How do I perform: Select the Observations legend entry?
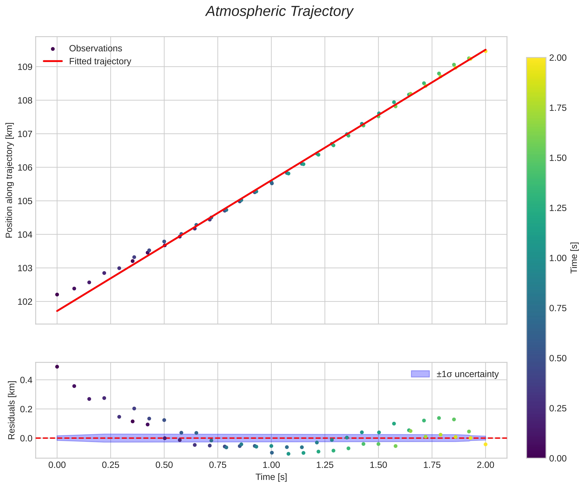[x=95, y=48]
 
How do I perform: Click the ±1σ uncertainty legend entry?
[x=467, y=374]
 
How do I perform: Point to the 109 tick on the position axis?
[x=25, y=67]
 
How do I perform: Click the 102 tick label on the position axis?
[x=25, y=302]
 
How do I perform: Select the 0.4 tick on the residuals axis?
[x=26, y=380]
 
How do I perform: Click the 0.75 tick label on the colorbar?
[x=558, y=308]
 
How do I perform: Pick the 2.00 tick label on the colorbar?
[x=558, y=58]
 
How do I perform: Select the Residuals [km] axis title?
[x=11, y=410]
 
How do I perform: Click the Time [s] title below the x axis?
[x=271, y=477]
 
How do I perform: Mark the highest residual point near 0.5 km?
[x=57, y=367]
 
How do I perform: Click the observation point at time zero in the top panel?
[x=57, y=294]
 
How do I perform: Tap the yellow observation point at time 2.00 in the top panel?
[x=485, y=51]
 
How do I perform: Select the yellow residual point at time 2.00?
[x=485, y=445]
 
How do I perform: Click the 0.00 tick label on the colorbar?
[x=558, y=458]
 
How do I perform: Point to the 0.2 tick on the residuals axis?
[x=26, y=409]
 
